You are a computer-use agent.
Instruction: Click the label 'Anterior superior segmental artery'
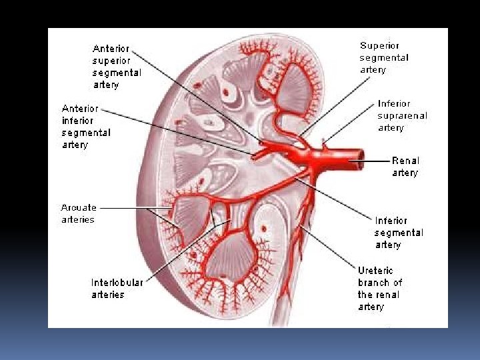(x=117, y=67)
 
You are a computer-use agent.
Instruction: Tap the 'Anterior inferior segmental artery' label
(x=86, y=126)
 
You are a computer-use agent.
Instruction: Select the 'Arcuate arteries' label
(x=78, y=213)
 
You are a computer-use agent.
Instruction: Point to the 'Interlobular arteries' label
(x=117, y=288)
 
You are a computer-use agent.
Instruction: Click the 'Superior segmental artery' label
(x=384, y=57)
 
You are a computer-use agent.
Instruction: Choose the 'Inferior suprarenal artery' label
(x=403, y=115)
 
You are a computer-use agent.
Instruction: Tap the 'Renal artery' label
(x=405, y=167)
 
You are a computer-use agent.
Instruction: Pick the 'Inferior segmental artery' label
(x=399, y=233)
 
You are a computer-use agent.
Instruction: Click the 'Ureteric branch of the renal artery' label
(x=379, y=289)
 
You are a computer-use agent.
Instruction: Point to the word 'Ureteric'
(x=375, y=271)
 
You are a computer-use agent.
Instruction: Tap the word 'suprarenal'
(x=403, y=115)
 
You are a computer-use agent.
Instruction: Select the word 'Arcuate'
(x=79, y=207)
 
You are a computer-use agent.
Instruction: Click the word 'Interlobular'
(x=117, y=282)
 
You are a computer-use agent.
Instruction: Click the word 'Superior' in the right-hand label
(x=379, y=45)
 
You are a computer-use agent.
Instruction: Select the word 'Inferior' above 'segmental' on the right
(x=391, y=221)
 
